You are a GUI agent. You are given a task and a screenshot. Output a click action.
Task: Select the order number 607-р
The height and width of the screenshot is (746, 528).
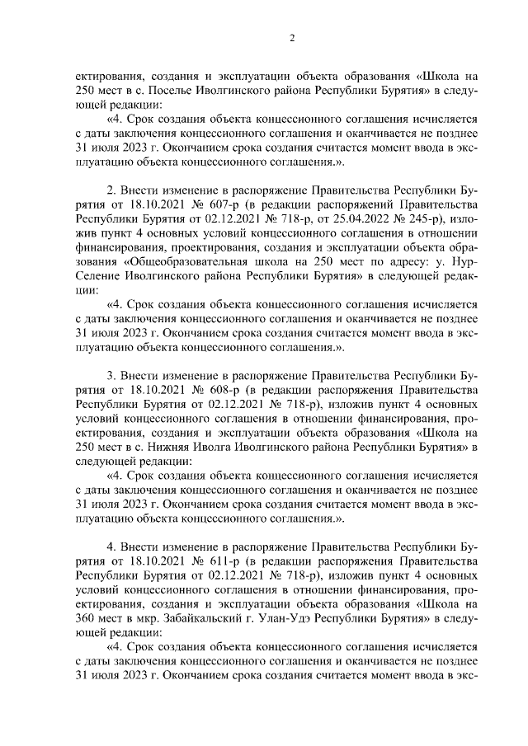[x=221, y=206]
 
